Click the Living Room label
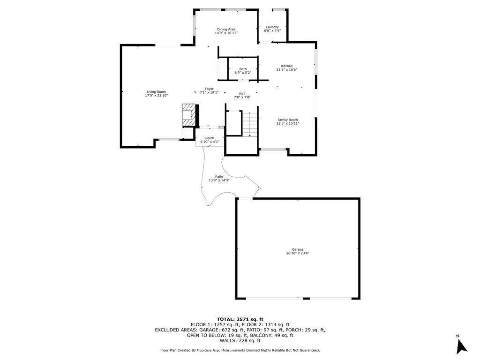(x=156, y=92)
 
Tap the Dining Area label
(x=226, y=30)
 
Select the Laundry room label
(x=272, y=27)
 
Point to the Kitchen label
(x=287, y=66)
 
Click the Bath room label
(x=243, y=69)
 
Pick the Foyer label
(x=209, y=89)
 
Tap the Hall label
(x=242, y=94)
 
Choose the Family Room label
(x=287, y=120)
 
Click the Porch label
(x=210, y=138)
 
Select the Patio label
(x=219, y=177)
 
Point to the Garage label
(x=298, y=249)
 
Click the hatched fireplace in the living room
(x=189, y=115)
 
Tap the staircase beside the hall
(x=250, y=124)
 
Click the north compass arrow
(x=461, y=346)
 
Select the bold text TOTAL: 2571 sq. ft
(x=240, y=320)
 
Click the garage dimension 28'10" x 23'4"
(x=298, y=253)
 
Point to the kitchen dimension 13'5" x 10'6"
(x=287, y=69)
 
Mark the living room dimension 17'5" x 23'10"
(x=156, y=96)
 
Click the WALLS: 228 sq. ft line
(x=240, y=340)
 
